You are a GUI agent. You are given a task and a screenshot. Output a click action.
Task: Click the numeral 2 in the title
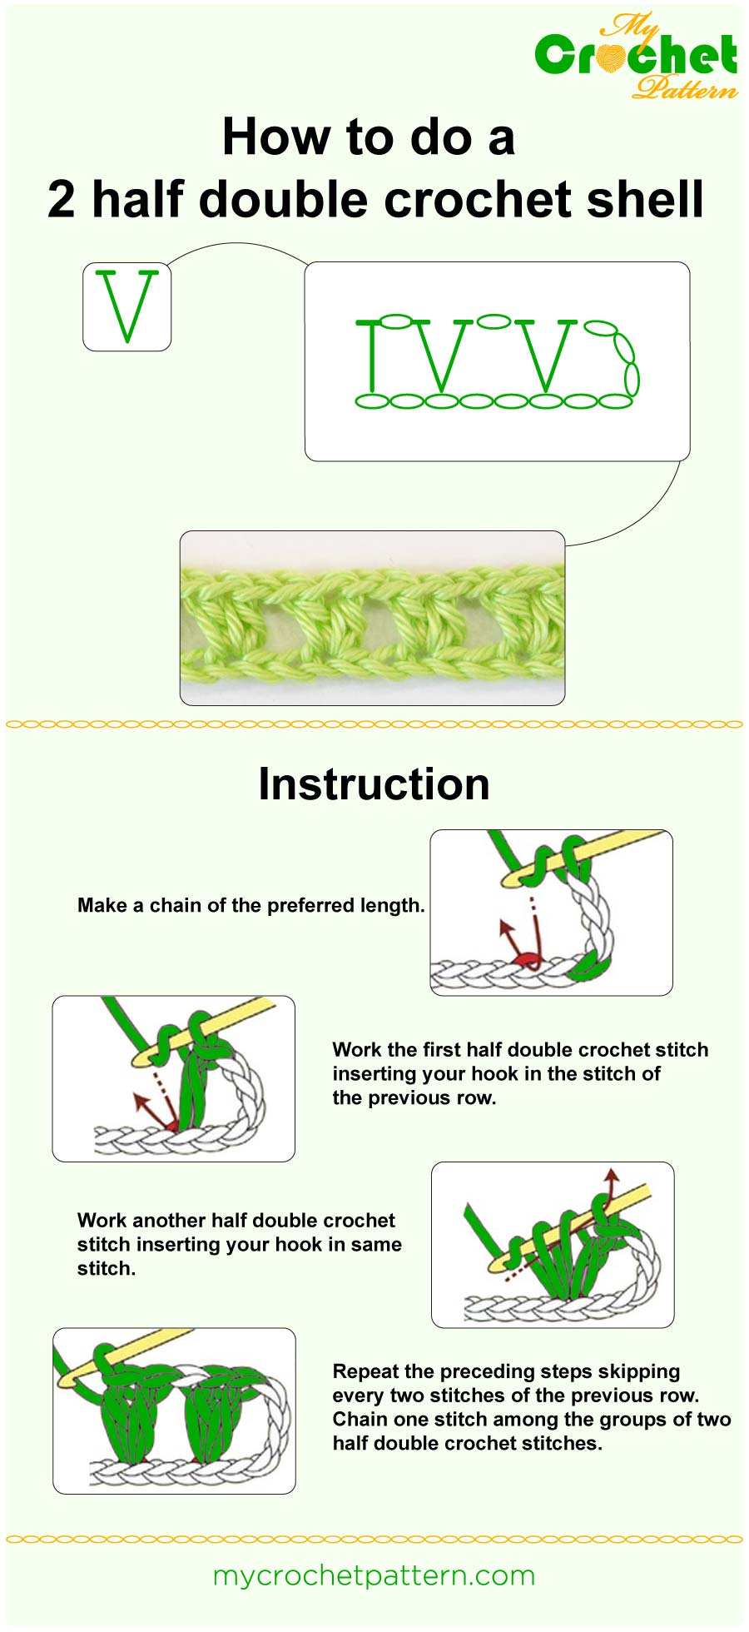[x=62, y=200]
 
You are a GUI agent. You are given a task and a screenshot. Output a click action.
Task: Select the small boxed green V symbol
[x=126, y=306]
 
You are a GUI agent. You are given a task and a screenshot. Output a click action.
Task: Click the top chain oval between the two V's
[x=494, y=321]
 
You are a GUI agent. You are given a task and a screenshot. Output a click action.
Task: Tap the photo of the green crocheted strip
[x=372, y=618]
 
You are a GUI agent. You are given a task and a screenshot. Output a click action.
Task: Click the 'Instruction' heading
[x=374, y=784]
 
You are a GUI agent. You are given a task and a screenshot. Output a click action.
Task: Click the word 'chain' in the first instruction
[x=175, y=906]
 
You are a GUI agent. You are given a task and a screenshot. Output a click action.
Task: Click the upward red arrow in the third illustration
[x=612, y=1181]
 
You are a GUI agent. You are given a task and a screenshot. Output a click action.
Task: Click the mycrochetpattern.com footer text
[x=374, y=1575]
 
